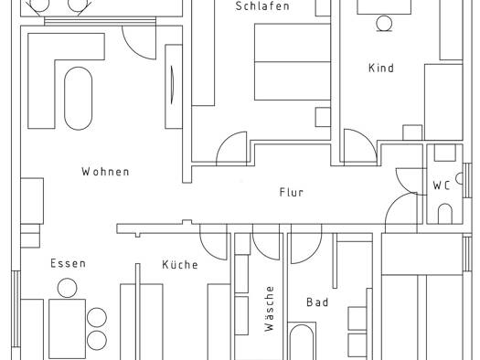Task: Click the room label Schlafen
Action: (261, 6)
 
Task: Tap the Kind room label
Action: (380, 69)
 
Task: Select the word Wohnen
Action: (105, 172)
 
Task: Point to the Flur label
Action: (291, 193)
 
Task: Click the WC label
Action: (442, 185)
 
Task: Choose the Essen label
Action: (68, 264)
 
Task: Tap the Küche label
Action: (180, 265)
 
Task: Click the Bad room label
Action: (316, 302)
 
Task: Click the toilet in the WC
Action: (444, 214)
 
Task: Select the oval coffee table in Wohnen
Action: (79, 98)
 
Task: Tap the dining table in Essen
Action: (67, 327)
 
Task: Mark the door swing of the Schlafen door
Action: (234, 147)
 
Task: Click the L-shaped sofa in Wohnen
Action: (42, 82)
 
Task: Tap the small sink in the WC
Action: (445, 153)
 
